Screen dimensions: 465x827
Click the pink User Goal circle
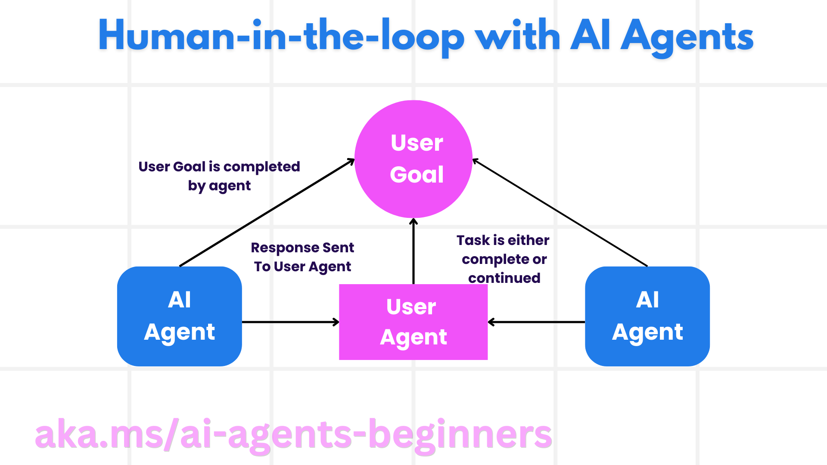coord(413,159)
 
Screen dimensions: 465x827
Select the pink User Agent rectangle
coord(413,322)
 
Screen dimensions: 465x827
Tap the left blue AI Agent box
coord(179,316)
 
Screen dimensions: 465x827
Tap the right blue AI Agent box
coord(647,316)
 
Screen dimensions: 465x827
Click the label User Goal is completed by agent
coord(219,176)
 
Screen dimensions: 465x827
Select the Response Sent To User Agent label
coord(302,257)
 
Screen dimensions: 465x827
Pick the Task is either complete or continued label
coord(503,259)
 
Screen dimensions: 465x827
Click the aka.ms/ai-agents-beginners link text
coord(293,435)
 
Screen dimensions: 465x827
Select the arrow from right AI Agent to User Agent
coord(537,322)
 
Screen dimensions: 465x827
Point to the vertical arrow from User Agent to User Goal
coord(413,252)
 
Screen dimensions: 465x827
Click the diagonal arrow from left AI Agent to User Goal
coord(267,212)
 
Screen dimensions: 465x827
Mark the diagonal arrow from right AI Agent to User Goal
coord(560,212)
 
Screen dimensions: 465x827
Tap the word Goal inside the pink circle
coord(417,174)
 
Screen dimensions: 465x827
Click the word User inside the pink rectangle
coord(411,307)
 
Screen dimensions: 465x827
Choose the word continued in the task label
coord(504,278)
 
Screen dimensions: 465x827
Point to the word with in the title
coord(517,37)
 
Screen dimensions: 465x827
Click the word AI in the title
coord(590,37)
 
